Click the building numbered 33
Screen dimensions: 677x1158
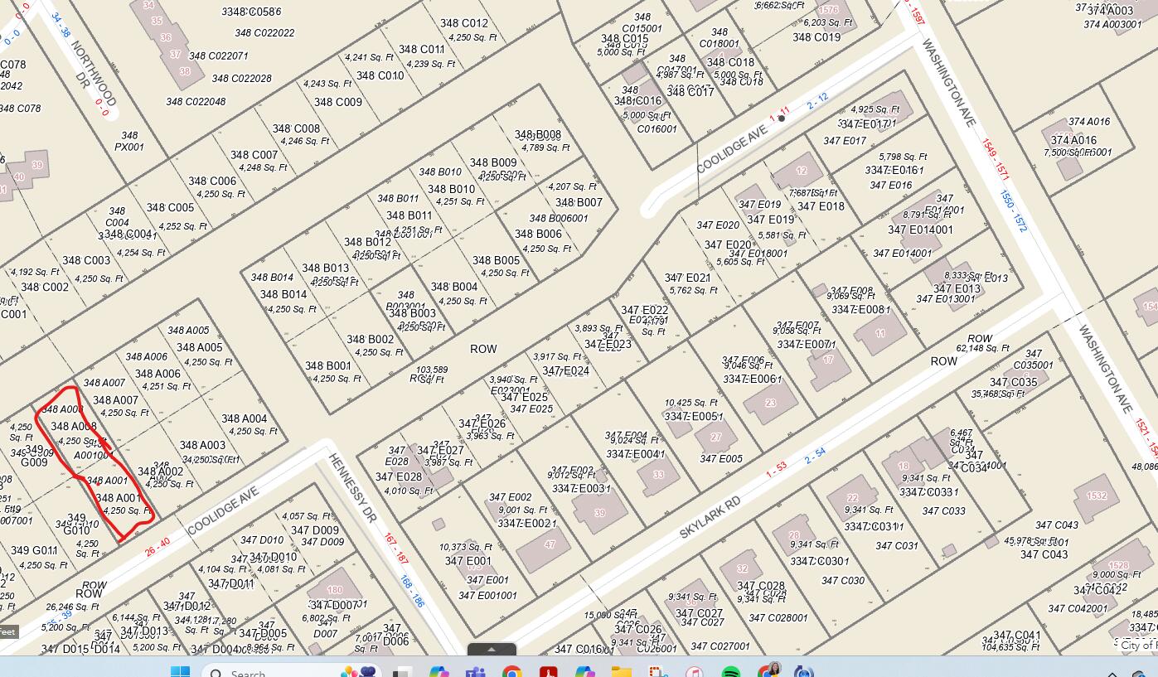[658, 475]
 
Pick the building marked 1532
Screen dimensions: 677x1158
[1097, 496]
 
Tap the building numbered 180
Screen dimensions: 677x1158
[334, 590]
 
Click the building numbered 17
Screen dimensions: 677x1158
[828, 360]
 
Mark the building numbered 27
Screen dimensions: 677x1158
[716, 437]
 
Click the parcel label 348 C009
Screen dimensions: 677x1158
[337, 102]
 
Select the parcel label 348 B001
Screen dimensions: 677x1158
[327, 365]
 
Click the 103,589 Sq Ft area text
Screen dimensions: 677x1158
[431, 375]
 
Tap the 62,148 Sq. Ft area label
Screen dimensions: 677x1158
[983, 349]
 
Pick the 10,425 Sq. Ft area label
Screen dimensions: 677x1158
[690, 403]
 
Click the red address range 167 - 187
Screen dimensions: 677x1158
[395, 549]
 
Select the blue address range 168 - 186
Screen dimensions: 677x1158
[411, 591]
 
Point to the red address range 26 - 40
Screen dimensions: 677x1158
[157, 547]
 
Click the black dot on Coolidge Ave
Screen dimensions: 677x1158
[781, 118]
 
